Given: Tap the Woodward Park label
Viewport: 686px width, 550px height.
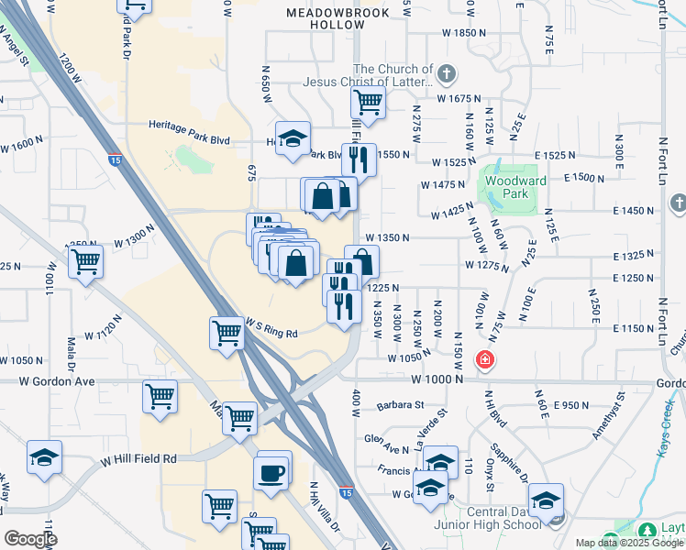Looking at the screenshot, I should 515,187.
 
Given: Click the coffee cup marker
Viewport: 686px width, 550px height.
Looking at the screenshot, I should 272,473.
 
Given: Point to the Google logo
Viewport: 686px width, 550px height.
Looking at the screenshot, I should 30,539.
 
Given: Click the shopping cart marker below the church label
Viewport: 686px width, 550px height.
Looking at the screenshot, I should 368,103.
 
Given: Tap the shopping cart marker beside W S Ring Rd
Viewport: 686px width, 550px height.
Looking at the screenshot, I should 226,334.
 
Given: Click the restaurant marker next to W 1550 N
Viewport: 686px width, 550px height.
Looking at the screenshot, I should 359,159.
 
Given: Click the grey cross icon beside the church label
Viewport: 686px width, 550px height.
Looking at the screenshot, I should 446,73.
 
